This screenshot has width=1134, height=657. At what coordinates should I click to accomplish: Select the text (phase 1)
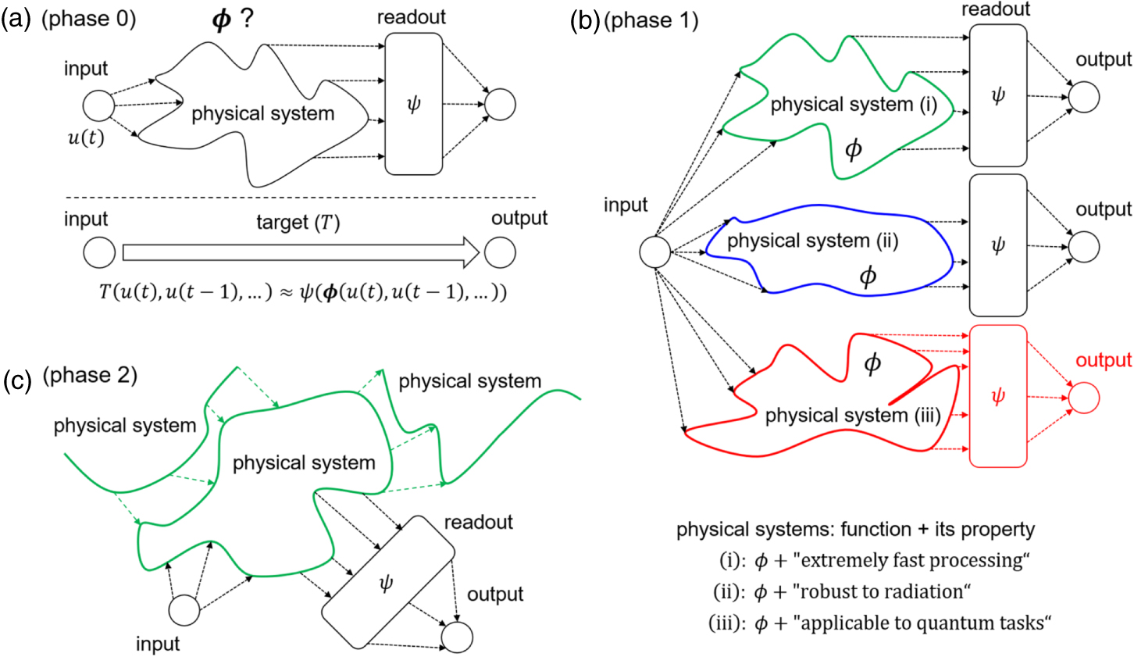tap(651, 21)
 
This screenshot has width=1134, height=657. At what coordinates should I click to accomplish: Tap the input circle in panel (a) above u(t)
tap(98, 105)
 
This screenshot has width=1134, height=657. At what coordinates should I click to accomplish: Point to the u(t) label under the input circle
tap(86, 139)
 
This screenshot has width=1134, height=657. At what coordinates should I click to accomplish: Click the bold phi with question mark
tap(232, 20)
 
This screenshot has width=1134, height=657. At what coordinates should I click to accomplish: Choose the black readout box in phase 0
tap(414, 104)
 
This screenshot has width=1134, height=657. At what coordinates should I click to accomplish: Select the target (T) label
tap(298, 223)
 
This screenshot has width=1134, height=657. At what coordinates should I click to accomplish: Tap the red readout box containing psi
tap(997, 396)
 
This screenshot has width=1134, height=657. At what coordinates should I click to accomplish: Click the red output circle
tap(1083, 397)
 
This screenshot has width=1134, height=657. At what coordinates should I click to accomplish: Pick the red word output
tap(1104, 360)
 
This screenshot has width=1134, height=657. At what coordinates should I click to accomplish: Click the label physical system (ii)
tap(812, 241)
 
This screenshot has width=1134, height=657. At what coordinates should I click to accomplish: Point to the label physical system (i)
tap(853, 105)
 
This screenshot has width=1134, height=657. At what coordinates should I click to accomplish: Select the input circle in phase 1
tap(655, 252)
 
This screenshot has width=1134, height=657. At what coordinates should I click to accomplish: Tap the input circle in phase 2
tap(184, 609)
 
